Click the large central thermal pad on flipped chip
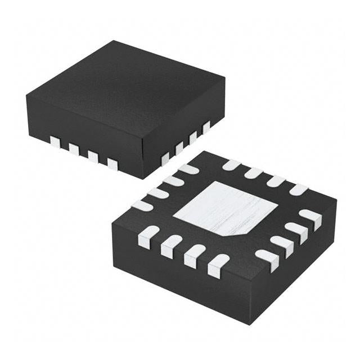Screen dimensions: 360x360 225,208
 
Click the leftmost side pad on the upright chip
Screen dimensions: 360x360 55,142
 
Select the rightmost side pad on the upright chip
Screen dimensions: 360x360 206,127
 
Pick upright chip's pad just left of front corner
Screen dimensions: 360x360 112,164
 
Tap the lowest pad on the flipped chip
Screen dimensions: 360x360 218,265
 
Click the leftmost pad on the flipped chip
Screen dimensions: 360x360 142,205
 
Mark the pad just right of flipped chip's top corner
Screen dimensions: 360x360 231,165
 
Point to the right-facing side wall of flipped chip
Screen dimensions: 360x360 292,264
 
